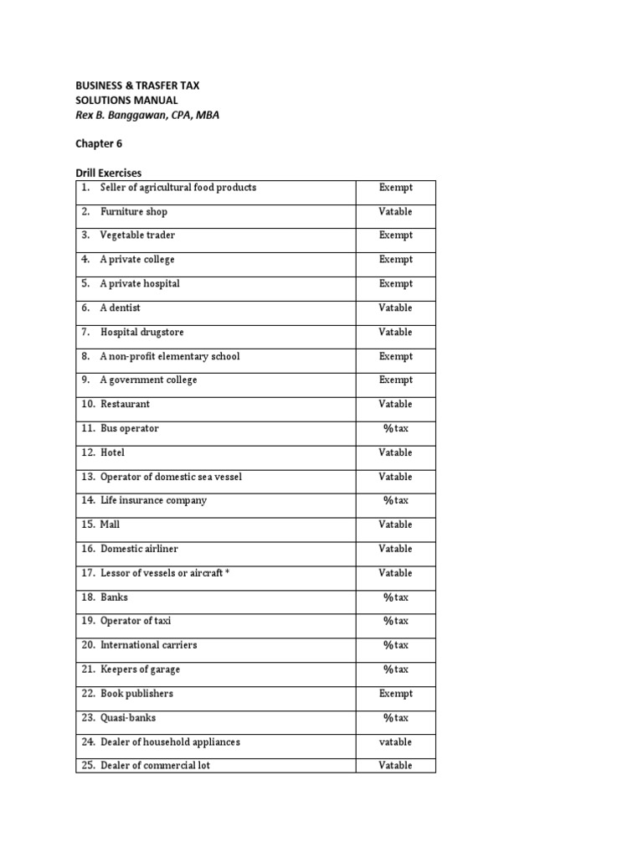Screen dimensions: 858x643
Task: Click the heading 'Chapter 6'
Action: click(x=99, y=143)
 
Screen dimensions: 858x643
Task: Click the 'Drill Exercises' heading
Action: click(x=109, y=173)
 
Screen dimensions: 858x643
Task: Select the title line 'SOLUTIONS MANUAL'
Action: click(x=126, y=101)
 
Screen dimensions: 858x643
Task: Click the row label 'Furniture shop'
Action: click(x=134, y=212)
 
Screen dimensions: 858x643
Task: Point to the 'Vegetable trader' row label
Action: click(x=137, y=235)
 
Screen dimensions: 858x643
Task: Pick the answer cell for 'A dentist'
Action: click(x=395, y=308)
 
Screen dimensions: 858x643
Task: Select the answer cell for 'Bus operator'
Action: click(x=395, y=429)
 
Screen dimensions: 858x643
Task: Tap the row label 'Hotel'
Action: click(x=113, y=452)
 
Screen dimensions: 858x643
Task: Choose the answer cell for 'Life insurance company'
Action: click(x=395, y=501)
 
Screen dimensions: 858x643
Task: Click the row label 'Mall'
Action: click(x=111, y=525)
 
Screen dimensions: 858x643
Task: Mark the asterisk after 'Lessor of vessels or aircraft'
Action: click(x=227, y=572)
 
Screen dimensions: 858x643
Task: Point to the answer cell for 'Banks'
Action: click(x=395, y=598)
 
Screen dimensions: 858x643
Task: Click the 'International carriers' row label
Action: click(x=149, y=645)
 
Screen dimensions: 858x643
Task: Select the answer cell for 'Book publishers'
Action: click(x=395, y=694)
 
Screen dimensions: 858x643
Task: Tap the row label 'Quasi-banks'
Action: click(x=128, y=718)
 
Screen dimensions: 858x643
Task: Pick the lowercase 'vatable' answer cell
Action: click(x=395, y=742)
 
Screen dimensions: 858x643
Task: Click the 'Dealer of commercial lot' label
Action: click(x=155, y=766)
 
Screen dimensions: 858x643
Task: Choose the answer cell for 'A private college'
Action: click(x=395, y=260)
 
